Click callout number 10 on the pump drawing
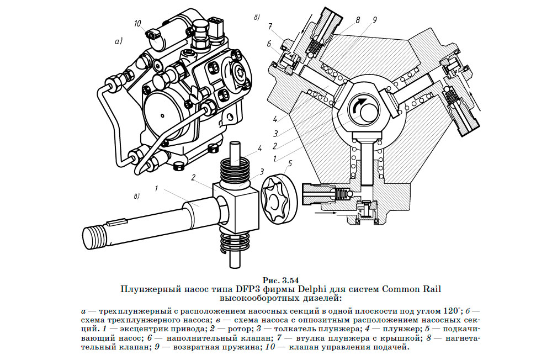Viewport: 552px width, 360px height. pos(137,24)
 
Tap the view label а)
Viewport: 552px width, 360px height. pos(118,41)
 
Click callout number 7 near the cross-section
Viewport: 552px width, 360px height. pos(270,26)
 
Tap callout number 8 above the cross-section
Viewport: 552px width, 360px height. pos(358,20)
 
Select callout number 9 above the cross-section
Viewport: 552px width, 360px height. pos(374,20)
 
